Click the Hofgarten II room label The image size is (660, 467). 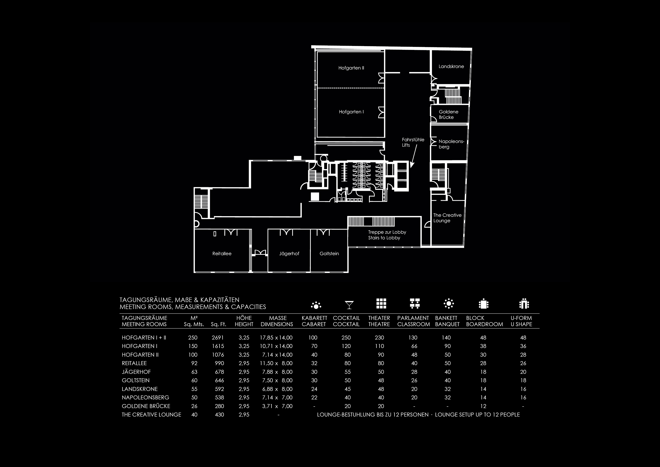351,68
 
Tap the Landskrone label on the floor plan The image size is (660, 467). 451,66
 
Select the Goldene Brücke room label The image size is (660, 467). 448,114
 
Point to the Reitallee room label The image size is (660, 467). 222,253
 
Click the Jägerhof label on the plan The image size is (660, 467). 289,253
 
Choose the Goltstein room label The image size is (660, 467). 329,253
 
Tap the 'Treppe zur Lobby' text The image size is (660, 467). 387,232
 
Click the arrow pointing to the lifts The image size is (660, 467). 414,156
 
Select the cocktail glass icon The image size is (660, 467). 349,305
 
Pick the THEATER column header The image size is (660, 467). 379,318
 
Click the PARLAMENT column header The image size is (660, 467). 413,318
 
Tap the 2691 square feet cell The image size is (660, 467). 218,337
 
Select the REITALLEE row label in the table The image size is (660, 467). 134,363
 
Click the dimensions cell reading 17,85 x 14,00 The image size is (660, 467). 276,337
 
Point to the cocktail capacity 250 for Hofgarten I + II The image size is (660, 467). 346,337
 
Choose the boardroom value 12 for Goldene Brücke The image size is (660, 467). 483,406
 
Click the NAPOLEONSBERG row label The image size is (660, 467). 145,397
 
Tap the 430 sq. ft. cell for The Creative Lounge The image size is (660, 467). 219,415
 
